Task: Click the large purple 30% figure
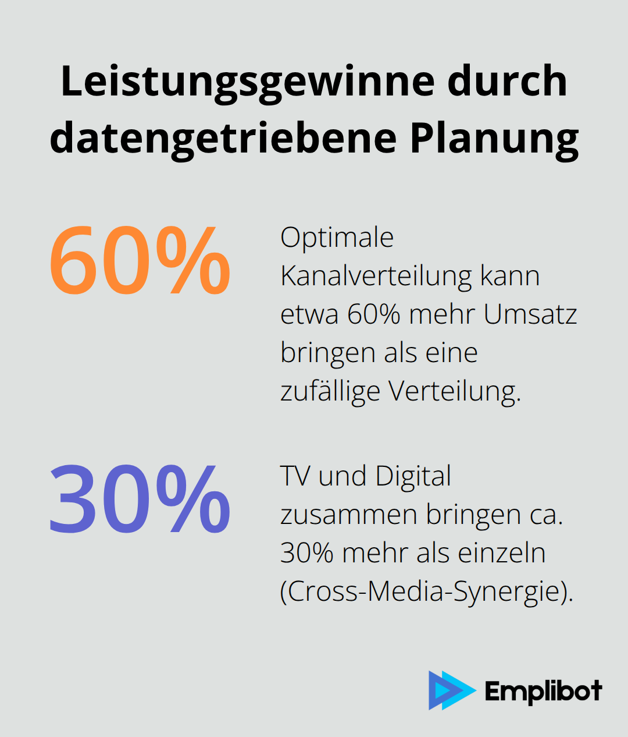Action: pos(140,500)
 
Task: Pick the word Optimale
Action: pos(337,238)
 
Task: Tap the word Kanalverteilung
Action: pos(375,276)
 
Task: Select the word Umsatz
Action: pos(530,314)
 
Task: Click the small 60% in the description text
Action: pos(374,314)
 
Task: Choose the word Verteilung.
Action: pos(455,391)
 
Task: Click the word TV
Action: pos(295,476)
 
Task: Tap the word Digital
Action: pos(413,476)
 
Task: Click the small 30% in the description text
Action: pos(306,553)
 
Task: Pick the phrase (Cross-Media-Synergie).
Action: pos(427,592)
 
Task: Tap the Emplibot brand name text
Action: pos(543,692)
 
